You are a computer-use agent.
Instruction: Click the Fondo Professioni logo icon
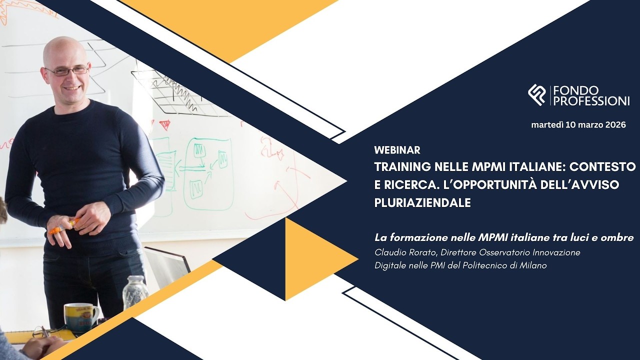point(536,95)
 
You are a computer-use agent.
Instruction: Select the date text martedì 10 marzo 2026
point(578,125)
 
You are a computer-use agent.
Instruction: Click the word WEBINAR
point(397,150)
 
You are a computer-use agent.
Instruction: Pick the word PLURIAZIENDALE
point(422,203)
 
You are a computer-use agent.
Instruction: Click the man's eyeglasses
point(67,71)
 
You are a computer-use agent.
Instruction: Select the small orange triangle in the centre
point(316,259)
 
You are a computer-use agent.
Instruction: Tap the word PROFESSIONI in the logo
point(591,101)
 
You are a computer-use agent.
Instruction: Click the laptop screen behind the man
point(166,265)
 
